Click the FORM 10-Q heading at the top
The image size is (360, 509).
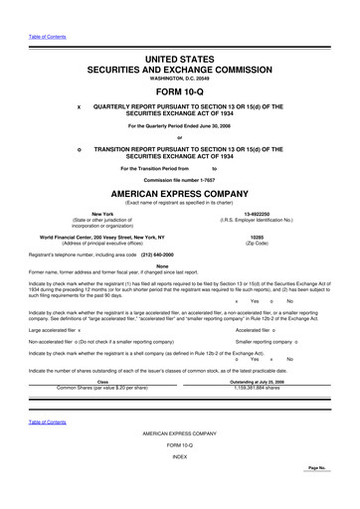[179, 85]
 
